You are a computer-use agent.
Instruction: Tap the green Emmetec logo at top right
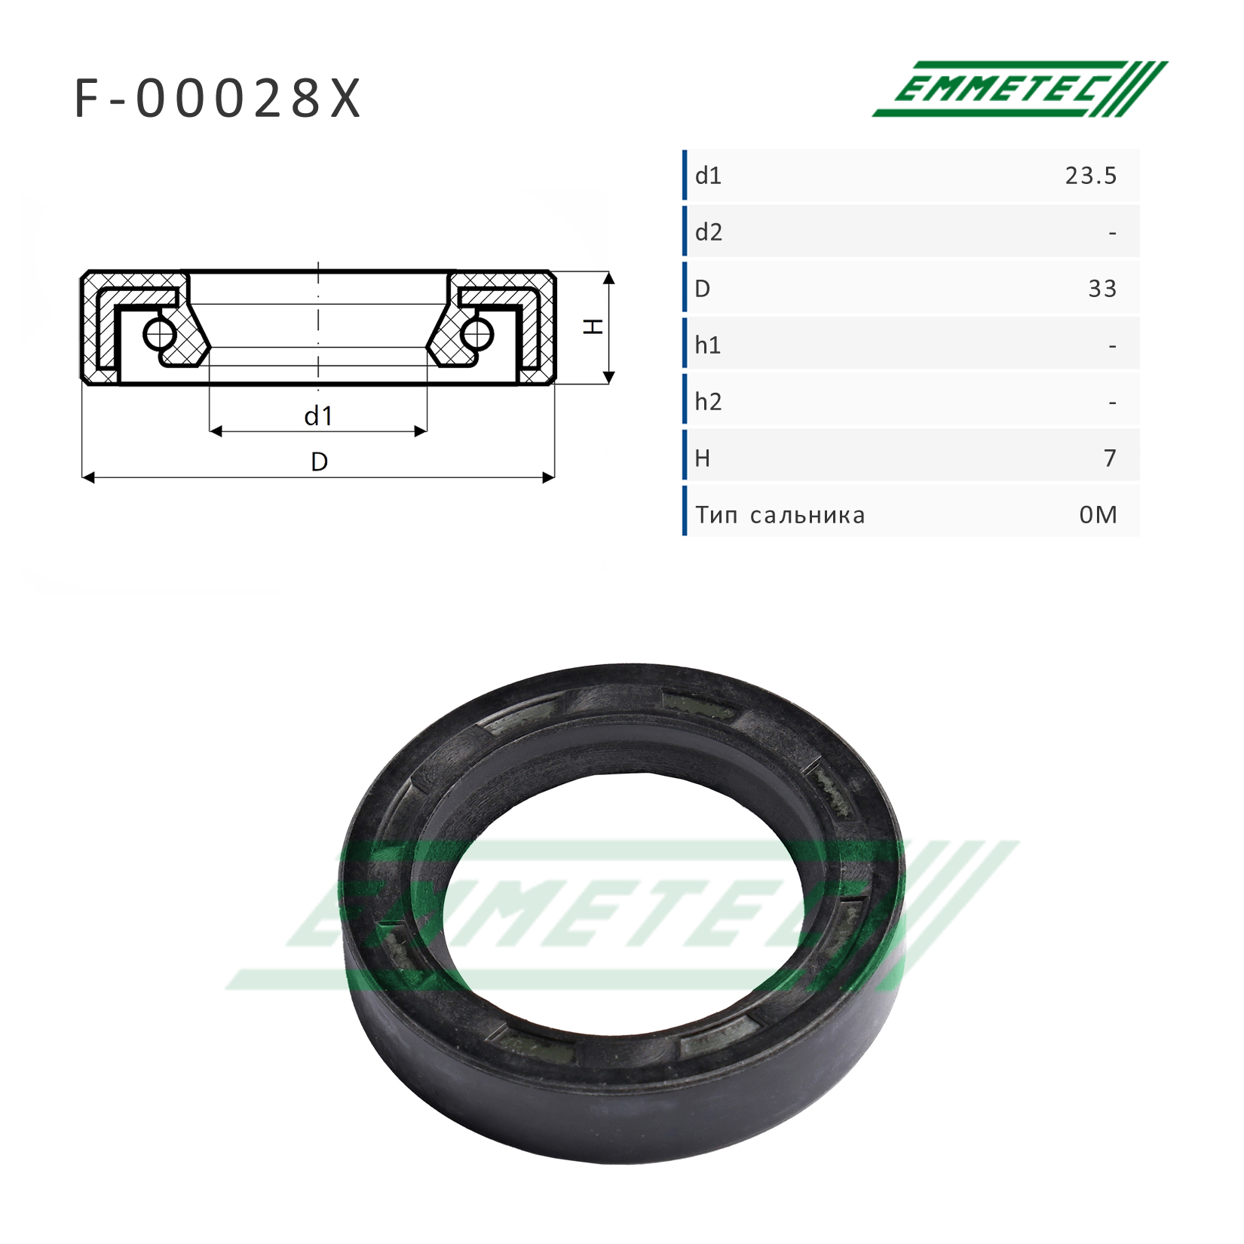pos(1019,89)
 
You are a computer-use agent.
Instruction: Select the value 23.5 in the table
pos(1090,176)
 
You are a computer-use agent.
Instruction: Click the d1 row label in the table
pos(708,176)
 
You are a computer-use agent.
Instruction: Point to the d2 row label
pos(709,232)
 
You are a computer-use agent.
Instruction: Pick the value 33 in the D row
pos(1102,289)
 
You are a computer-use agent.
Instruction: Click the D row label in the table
pos(702,289)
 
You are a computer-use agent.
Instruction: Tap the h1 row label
pos(708,345)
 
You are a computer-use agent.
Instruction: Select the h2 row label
pos(709,402)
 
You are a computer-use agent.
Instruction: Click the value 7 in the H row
pos(1110,458)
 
